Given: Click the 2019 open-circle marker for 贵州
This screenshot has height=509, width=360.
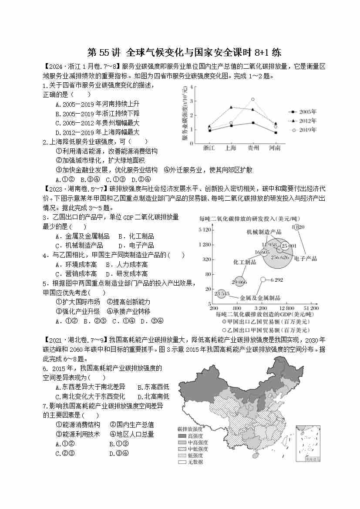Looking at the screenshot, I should (x=253, y=99).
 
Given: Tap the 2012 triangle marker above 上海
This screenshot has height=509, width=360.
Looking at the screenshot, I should (x=231, y=107).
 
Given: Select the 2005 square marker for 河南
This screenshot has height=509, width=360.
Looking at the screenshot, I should (x=275, y=132).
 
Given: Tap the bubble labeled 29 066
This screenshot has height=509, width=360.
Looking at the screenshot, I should (x=239, y=282).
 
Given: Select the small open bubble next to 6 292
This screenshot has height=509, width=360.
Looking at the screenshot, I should (x=263, y=280).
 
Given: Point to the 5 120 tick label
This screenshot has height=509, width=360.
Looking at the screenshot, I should (x=204, y=229).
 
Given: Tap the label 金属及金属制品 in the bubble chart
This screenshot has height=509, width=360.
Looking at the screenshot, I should (x=260, y=298).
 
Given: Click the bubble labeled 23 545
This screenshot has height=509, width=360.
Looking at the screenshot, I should (x=222, y=294).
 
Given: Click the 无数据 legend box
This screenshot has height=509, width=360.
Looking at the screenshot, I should (x=182, y=462).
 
